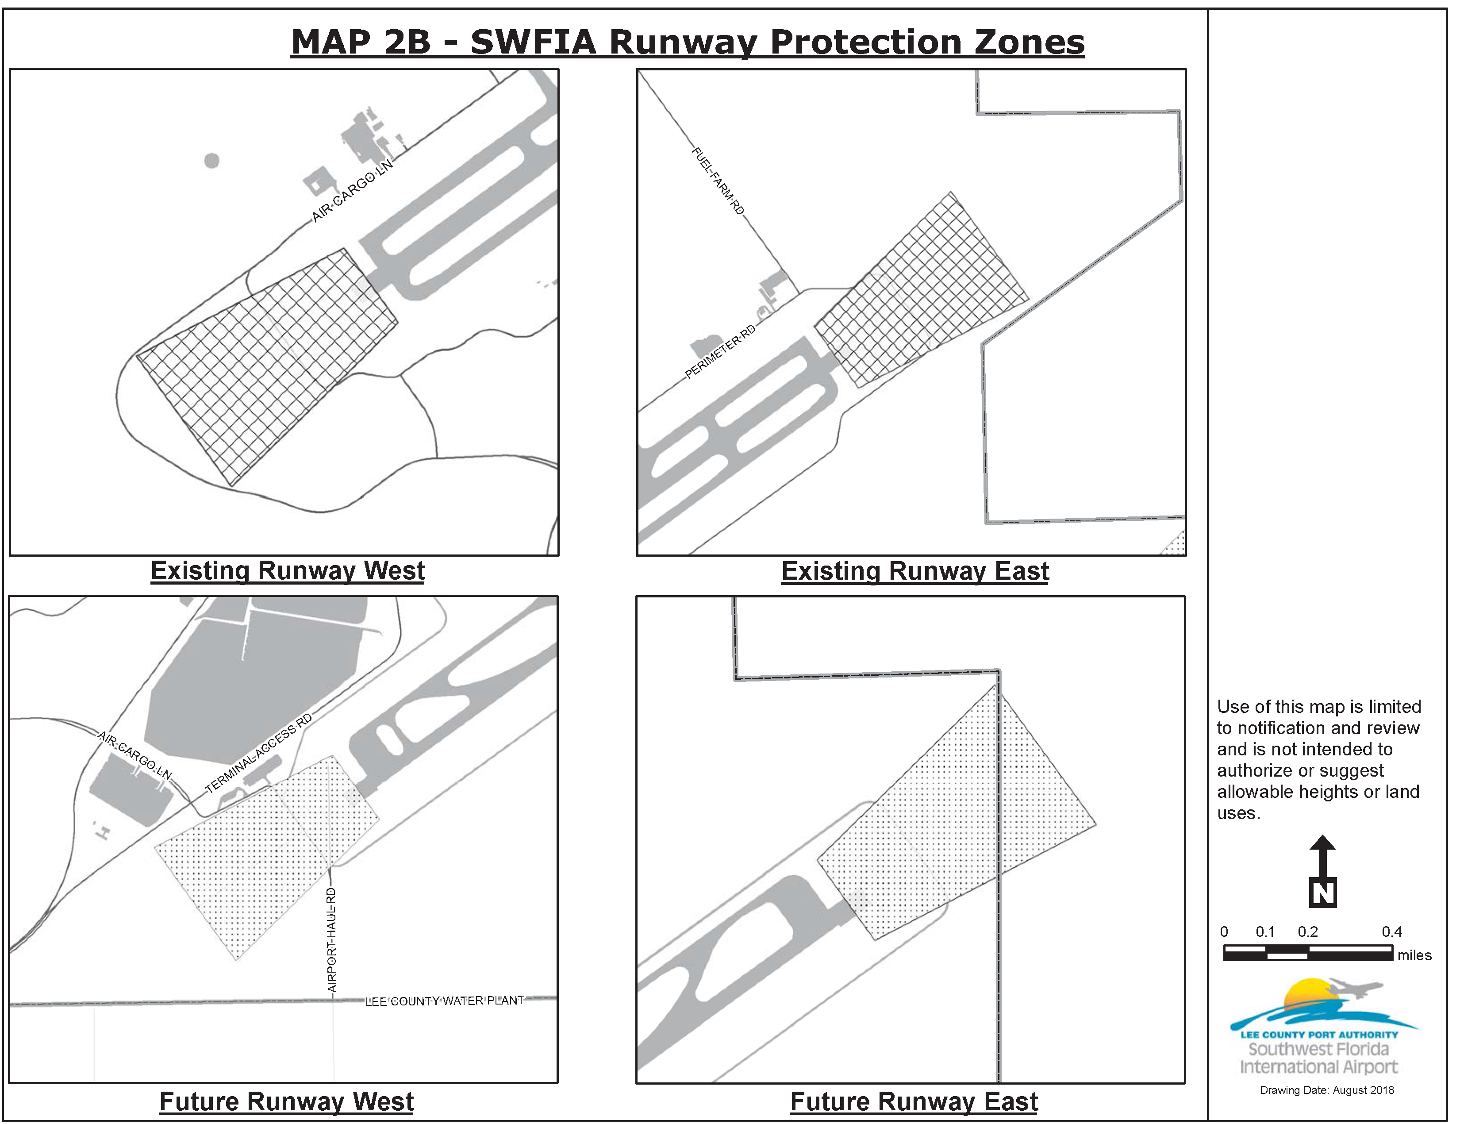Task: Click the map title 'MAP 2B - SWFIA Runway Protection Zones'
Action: pos(687,42)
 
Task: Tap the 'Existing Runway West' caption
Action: pos(288,571)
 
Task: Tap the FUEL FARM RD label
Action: pos(717,181)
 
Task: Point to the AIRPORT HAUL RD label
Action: pos(331,940)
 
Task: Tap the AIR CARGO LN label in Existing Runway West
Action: pos(352,191)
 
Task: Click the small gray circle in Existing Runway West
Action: pos(212,161)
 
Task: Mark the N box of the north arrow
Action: pos(1322,893)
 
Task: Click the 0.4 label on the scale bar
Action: pos(1392,932)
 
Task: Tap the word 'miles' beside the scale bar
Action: pos(1414,955)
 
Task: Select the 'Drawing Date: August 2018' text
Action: pos(1327,1090)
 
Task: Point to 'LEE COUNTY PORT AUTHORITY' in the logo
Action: pos(1319,1035)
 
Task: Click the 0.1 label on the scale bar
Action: pos(1265,932)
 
